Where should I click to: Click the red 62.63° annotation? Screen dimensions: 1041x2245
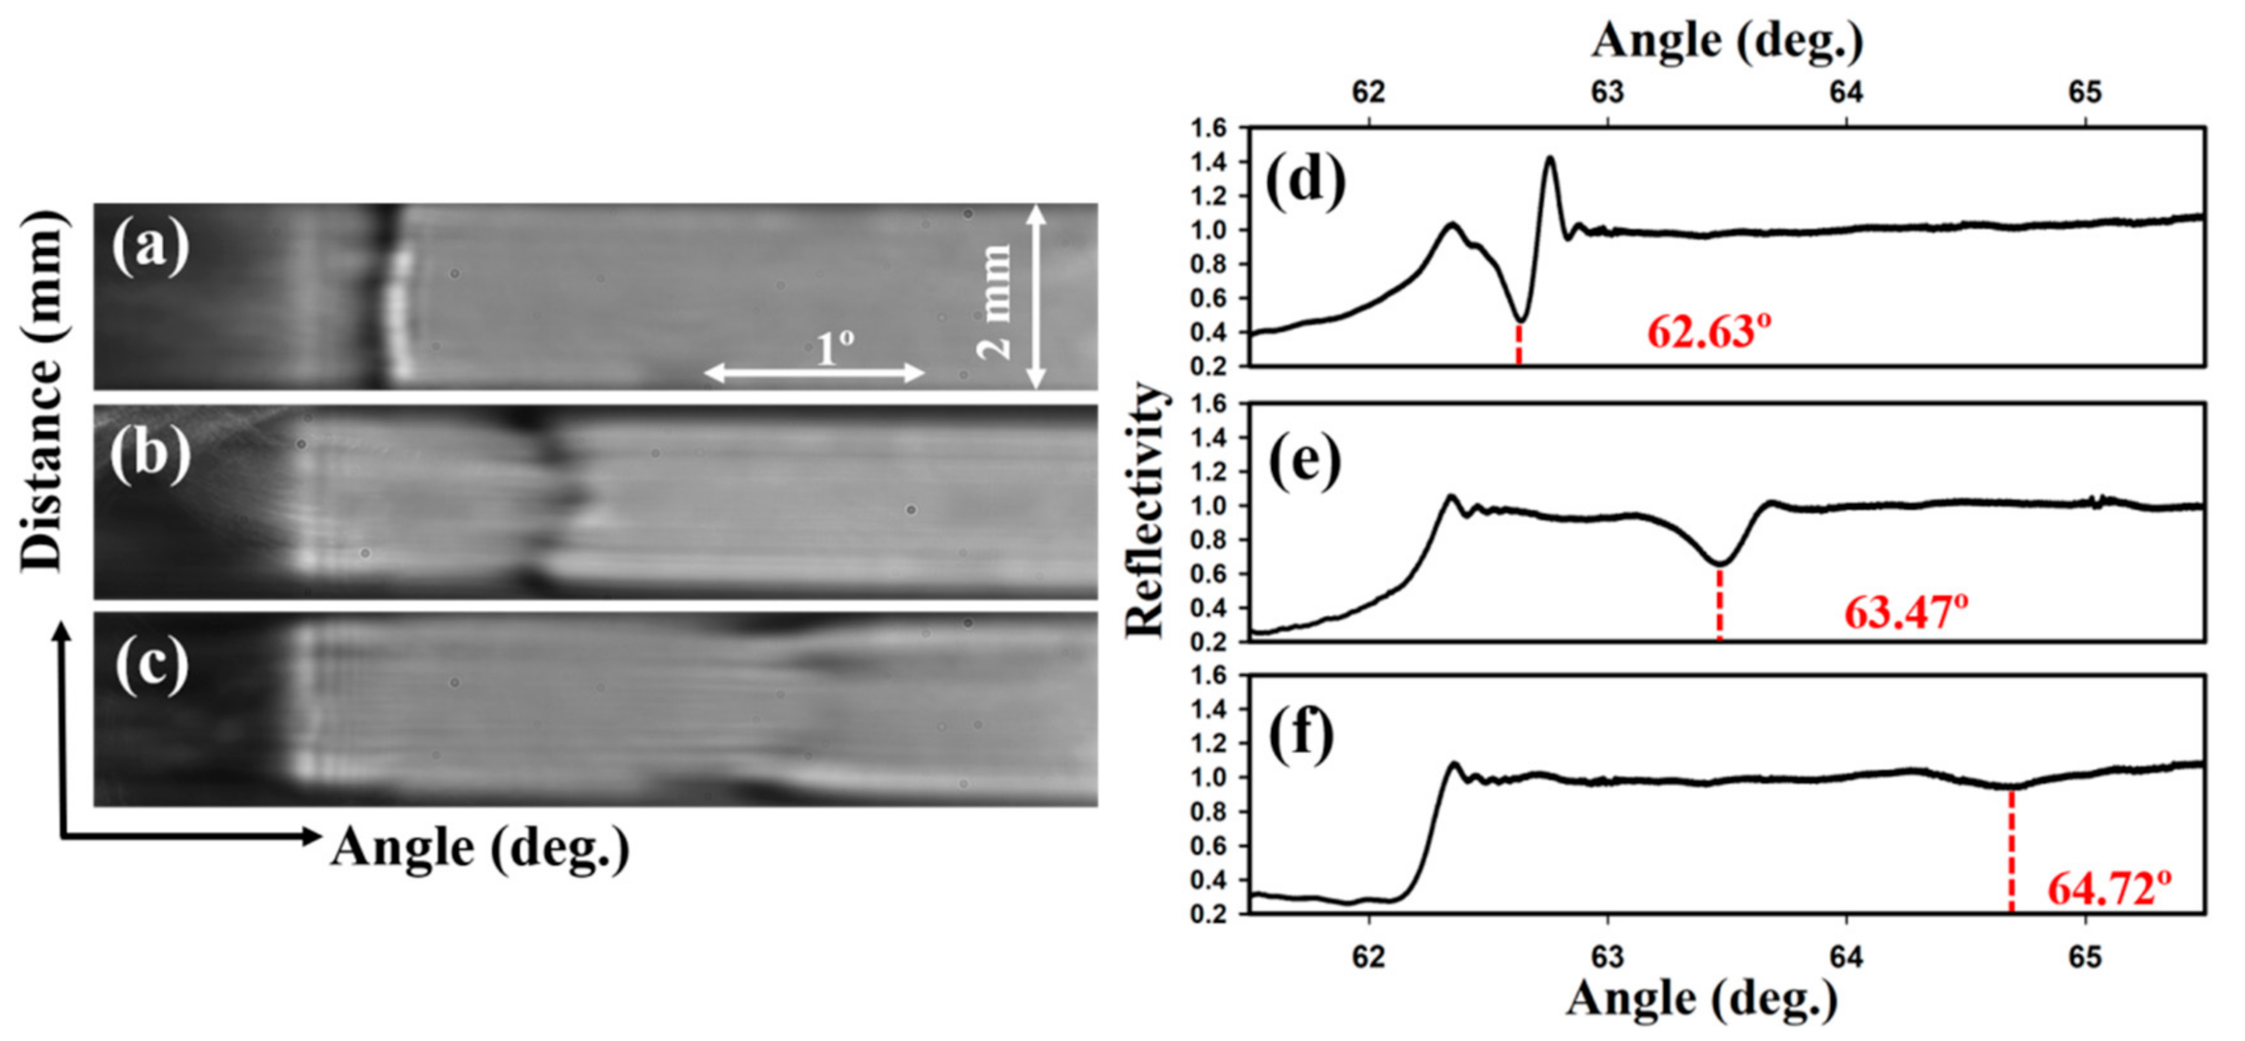1708,332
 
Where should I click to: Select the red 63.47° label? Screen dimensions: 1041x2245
1905,613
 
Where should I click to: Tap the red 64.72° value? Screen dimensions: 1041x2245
2108,890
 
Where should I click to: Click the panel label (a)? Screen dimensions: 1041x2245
150,247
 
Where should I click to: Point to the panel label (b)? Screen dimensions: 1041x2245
150,454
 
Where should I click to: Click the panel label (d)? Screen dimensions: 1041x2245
1305,182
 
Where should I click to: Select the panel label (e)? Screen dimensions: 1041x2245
1305,461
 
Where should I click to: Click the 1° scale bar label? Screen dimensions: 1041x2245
835,348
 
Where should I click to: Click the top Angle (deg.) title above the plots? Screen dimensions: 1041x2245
1728,41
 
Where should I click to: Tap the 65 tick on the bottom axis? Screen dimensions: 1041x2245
2085,957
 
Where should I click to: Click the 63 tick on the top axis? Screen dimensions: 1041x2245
1608,93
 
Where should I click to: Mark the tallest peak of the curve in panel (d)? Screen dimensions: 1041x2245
1550,157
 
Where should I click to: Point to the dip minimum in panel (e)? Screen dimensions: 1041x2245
1720,563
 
